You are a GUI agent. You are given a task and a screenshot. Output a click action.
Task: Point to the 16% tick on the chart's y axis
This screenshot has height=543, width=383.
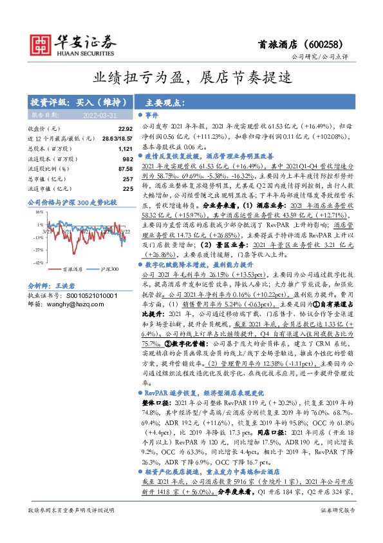38,211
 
